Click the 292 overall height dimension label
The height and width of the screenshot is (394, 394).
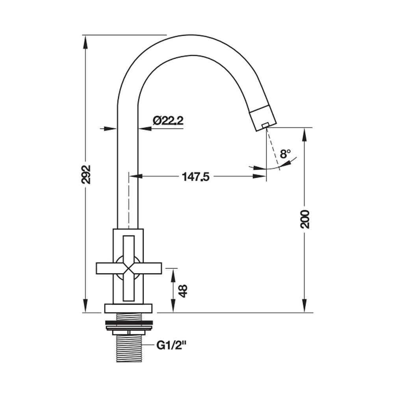tap(86, 175)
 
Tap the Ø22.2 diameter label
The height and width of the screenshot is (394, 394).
tap(168, 121)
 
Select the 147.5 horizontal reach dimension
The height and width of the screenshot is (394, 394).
tap(195, 177)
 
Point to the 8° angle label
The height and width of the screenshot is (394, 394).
tap(285, 154)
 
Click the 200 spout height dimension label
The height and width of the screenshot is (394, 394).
tap(305, 219)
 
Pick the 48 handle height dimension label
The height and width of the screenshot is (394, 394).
tap(183, 291)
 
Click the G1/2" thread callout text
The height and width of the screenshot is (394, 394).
tap(172, 345)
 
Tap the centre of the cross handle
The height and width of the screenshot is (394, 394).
tap(129, 268)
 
